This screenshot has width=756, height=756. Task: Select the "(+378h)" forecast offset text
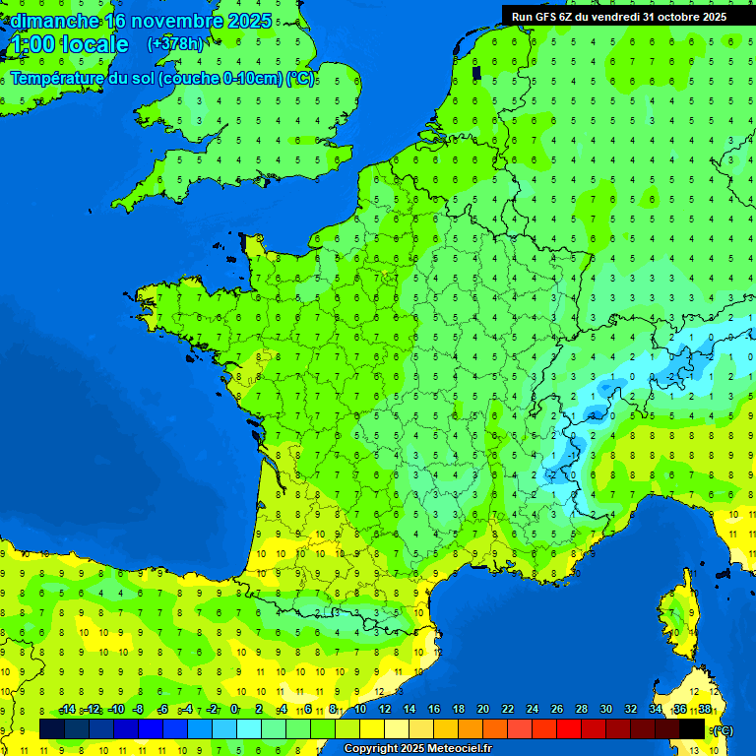click(x=174, y=43)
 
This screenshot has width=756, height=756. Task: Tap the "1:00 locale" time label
click(x=69, y=44)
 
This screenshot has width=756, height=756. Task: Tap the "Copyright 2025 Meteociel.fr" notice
click(x=417, y=748)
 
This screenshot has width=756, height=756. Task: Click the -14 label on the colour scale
click(x=66, y=709)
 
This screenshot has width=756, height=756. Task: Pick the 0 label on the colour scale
click(x=234, y=709)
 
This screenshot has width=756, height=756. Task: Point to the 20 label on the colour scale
click(x=482, y=709)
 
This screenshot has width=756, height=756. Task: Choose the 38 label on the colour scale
click(x=705, y=709)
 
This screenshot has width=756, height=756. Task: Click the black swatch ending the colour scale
click(x=693, y=728)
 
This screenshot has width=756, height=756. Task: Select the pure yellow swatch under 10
click(x=372, y=728)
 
